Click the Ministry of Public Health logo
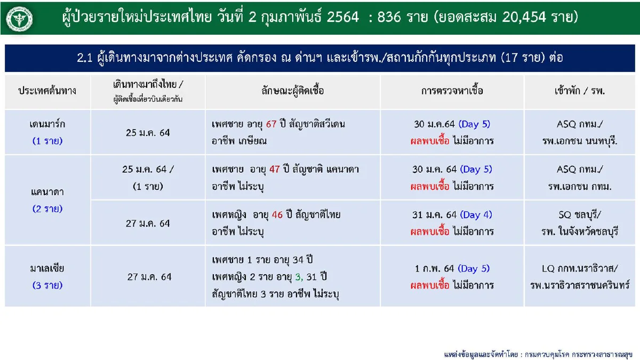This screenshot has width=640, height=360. coord(20,18)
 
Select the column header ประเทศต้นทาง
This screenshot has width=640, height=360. coord(47,91)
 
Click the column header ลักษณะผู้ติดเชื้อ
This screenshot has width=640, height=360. coord(293,91)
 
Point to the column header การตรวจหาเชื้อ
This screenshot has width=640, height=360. coord(452,91)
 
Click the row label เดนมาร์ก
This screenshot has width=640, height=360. coord(47,124)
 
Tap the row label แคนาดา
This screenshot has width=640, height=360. coord(47,190)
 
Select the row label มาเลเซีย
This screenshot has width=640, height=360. coord(47,268)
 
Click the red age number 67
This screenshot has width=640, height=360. coord(271,124)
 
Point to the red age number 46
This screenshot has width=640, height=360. coord(277,215)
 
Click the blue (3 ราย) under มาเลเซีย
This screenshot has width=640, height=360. coord(47,285)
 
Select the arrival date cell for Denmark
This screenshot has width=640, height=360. coord(147,132)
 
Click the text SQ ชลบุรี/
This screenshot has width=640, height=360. coord(579,215)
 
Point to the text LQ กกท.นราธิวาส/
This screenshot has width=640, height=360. coord(579,268)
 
